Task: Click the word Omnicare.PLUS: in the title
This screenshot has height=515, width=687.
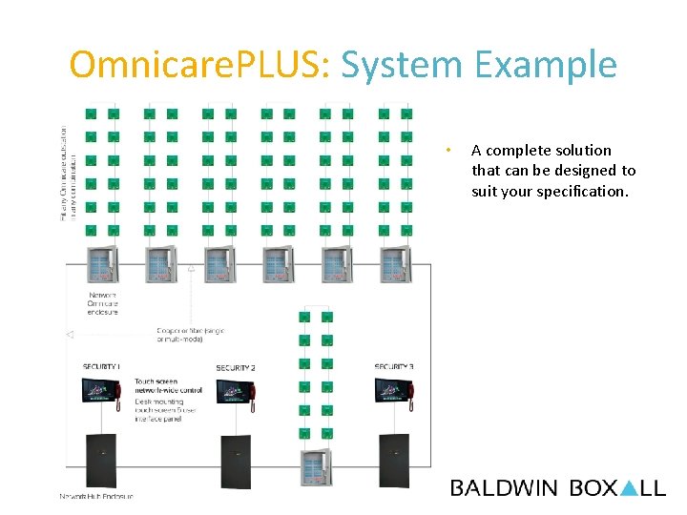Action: click(201, 65)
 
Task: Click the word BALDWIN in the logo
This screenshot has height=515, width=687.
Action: click(504, 488)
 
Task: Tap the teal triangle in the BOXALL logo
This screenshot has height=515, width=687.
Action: click(629, 488)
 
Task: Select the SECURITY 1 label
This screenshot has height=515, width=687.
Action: click(100, 367)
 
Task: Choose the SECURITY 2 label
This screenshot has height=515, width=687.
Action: click(236, 368)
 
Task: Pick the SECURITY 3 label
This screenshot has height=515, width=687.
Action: click(393, 367)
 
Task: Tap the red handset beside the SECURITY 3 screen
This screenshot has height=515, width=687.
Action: click(412, 396)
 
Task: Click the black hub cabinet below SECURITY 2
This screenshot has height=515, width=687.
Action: click(236, 463)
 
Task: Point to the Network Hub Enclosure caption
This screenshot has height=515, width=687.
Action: click(96, 496)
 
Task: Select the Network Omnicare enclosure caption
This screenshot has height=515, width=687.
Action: click(103, 303)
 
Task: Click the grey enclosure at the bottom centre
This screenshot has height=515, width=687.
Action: click(315, 468)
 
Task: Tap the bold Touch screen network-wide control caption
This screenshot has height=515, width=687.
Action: click(168, 385)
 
